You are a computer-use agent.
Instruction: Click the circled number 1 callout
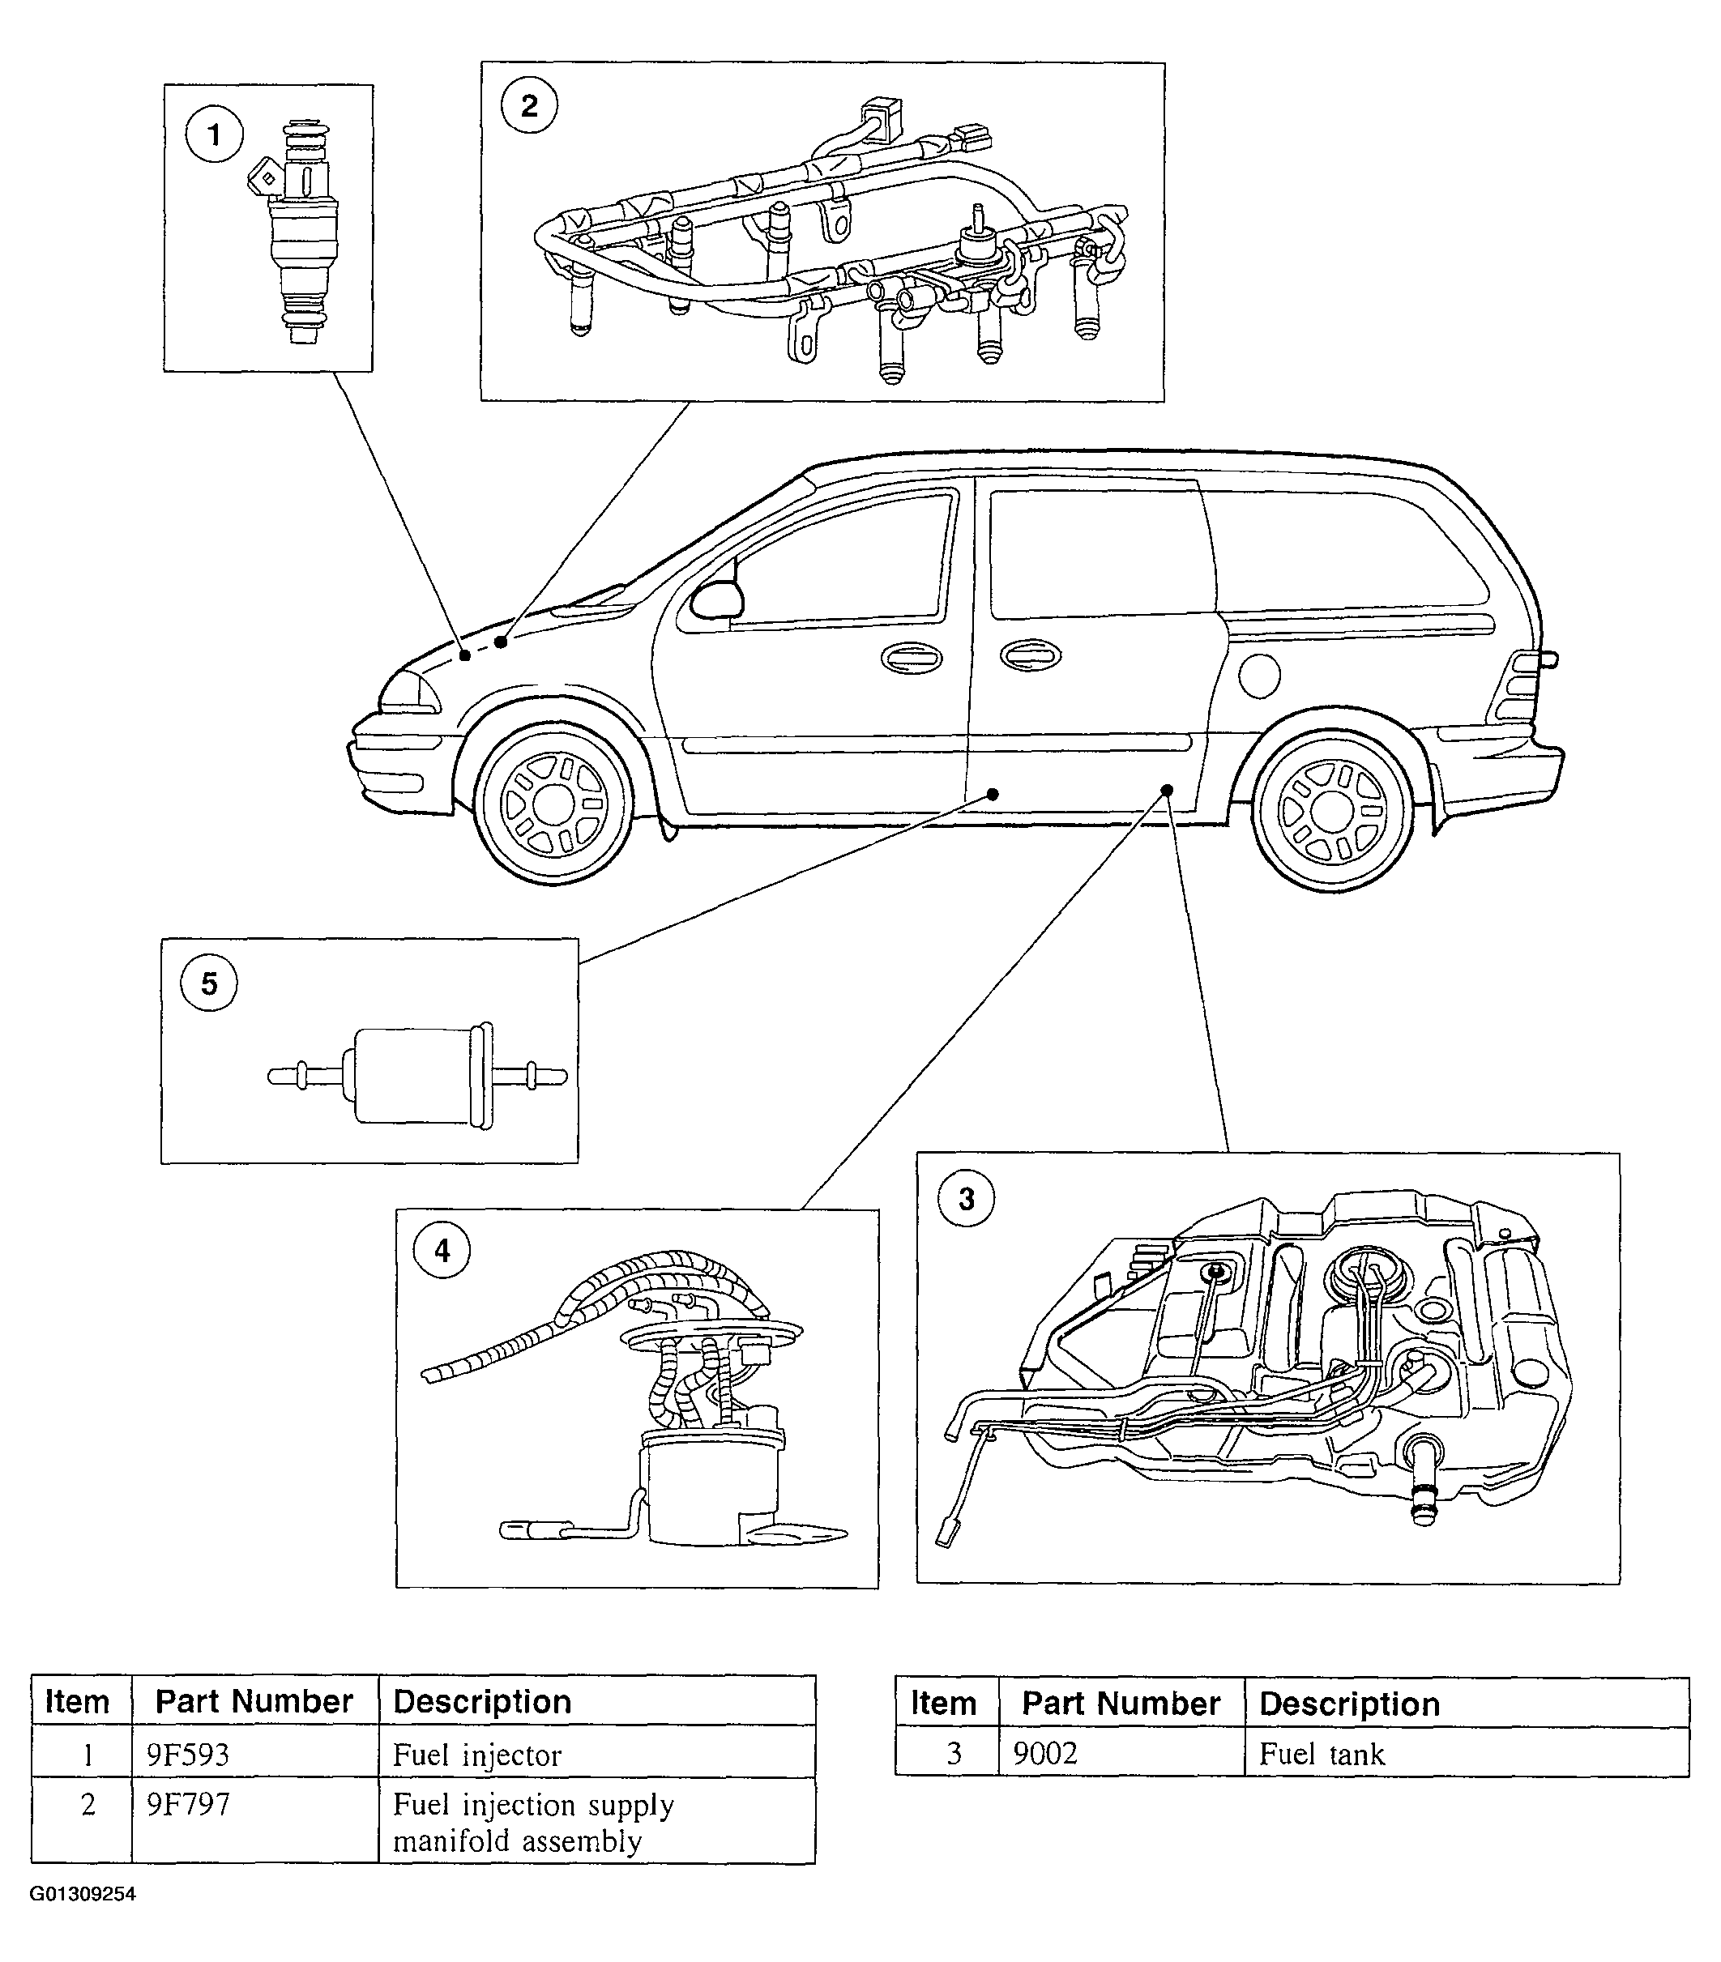pyautogui.click(x=214, y=134)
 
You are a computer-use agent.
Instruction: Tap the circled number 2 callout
pyautogui.click(x=529, y=105)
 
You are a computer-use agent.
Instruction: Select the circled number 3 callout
pyautogui.click(x=967, y=1198)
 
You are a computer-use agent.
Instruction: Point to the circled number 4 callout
pyautogui.click(x=442, y=1250)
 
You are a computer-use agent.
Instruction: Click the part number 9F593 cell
pyautogui.click(x=187, y=1755)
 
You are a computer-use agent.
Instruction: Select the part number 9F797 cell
pyautogui.click(x=188, y=1805)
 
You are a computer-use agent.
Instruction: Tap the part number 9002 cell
pyautogui.click(x=1045, y=1754)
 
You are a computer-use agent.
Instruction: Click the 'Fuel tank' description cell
pyautogui.click(x=1322, y=1754)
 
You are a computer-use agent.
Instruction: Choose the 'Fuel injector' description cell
pyautogui.click(x=477, y=1755)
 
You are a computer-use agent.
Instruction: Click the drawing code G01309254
pyautogui.click(x=83, y=1895)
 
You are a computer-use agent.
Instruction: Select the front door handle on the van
pyautogui.click(x=911, y=659)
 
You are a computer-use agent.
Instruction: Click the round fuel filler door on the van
pyautogui.click(x=1259, y=676)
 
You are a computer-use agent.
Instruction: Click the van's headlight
pyautogui.click(x=408, y=691)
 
